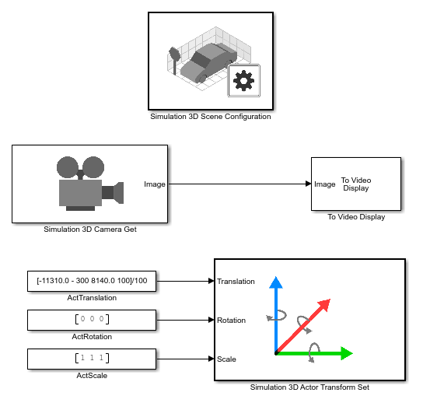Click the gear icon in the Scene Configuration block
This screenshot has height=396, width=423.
click(244, 80)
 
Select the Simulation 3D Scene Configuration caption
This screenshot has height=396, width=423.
click(211, 117)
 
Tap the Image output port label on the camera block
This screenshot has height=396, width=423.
click(155, 184)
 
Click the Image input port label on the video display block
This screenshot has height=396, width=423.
click(325, 184)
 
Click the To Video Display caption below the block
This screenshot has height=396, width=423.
click(356, 217)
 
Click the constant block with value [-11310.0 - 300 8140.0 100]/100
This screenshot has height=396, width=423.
click(93, 281)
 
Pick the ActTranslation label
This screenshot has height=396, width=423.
click(93, 298)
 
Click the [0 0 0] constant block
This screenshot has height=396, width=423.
click(93, 320)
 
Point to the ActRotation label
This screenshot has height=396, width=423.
click(93, 337)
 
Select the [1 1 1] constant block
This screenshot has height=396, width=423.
click(93, 359)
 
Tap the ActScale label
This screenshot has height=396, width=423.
click(93, 375)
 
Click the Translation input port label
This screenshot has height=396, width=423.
click(236, 282)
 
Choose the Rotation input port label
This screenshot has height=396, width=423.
click(232, 320)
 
